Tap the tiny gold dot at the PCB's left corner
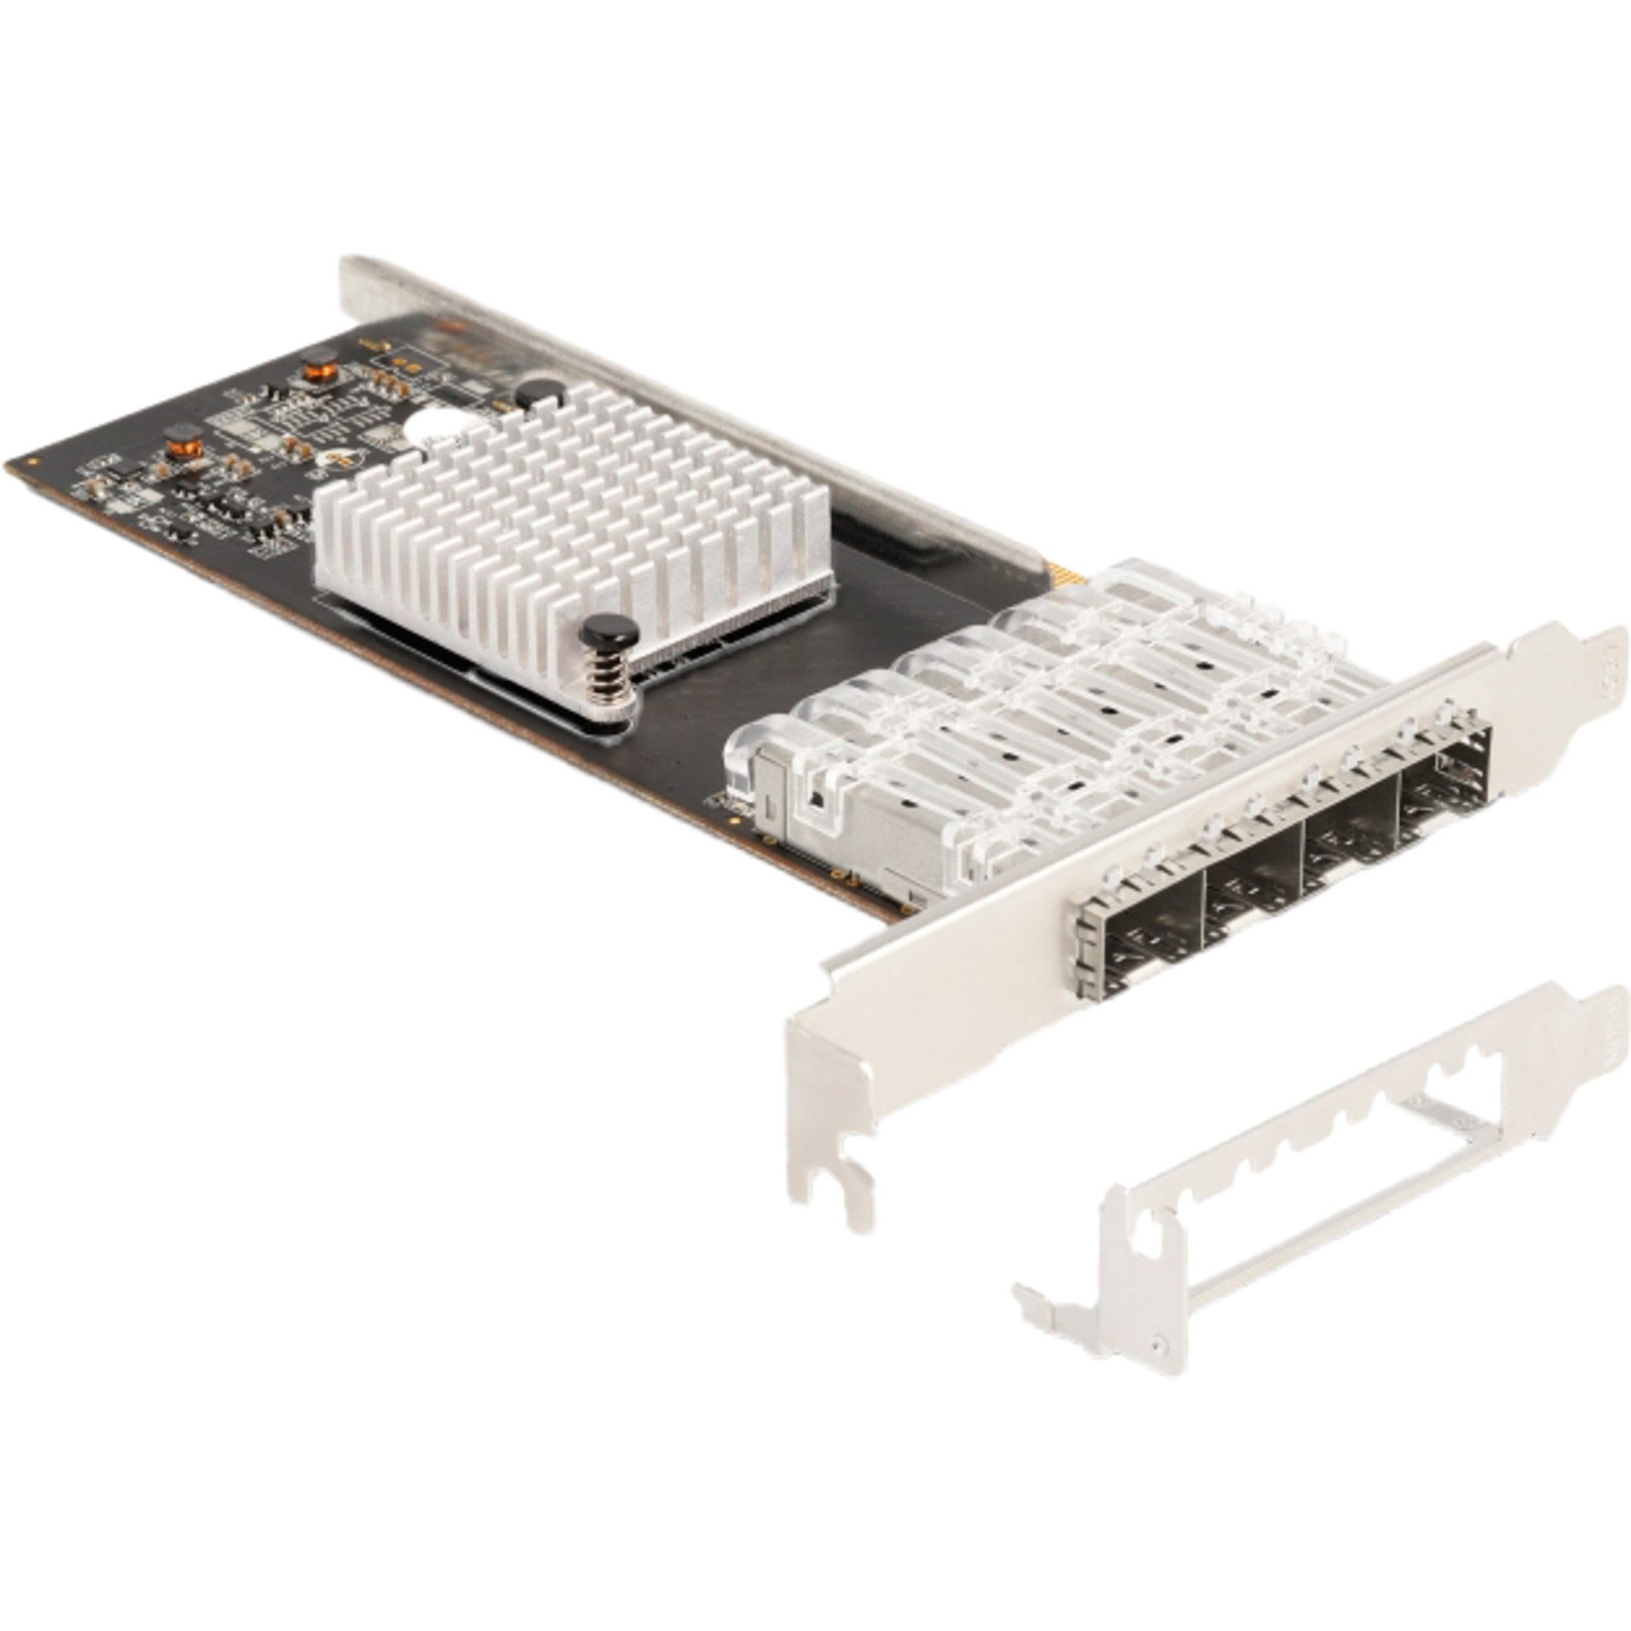pyautogui.click(x=31, y=461)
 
